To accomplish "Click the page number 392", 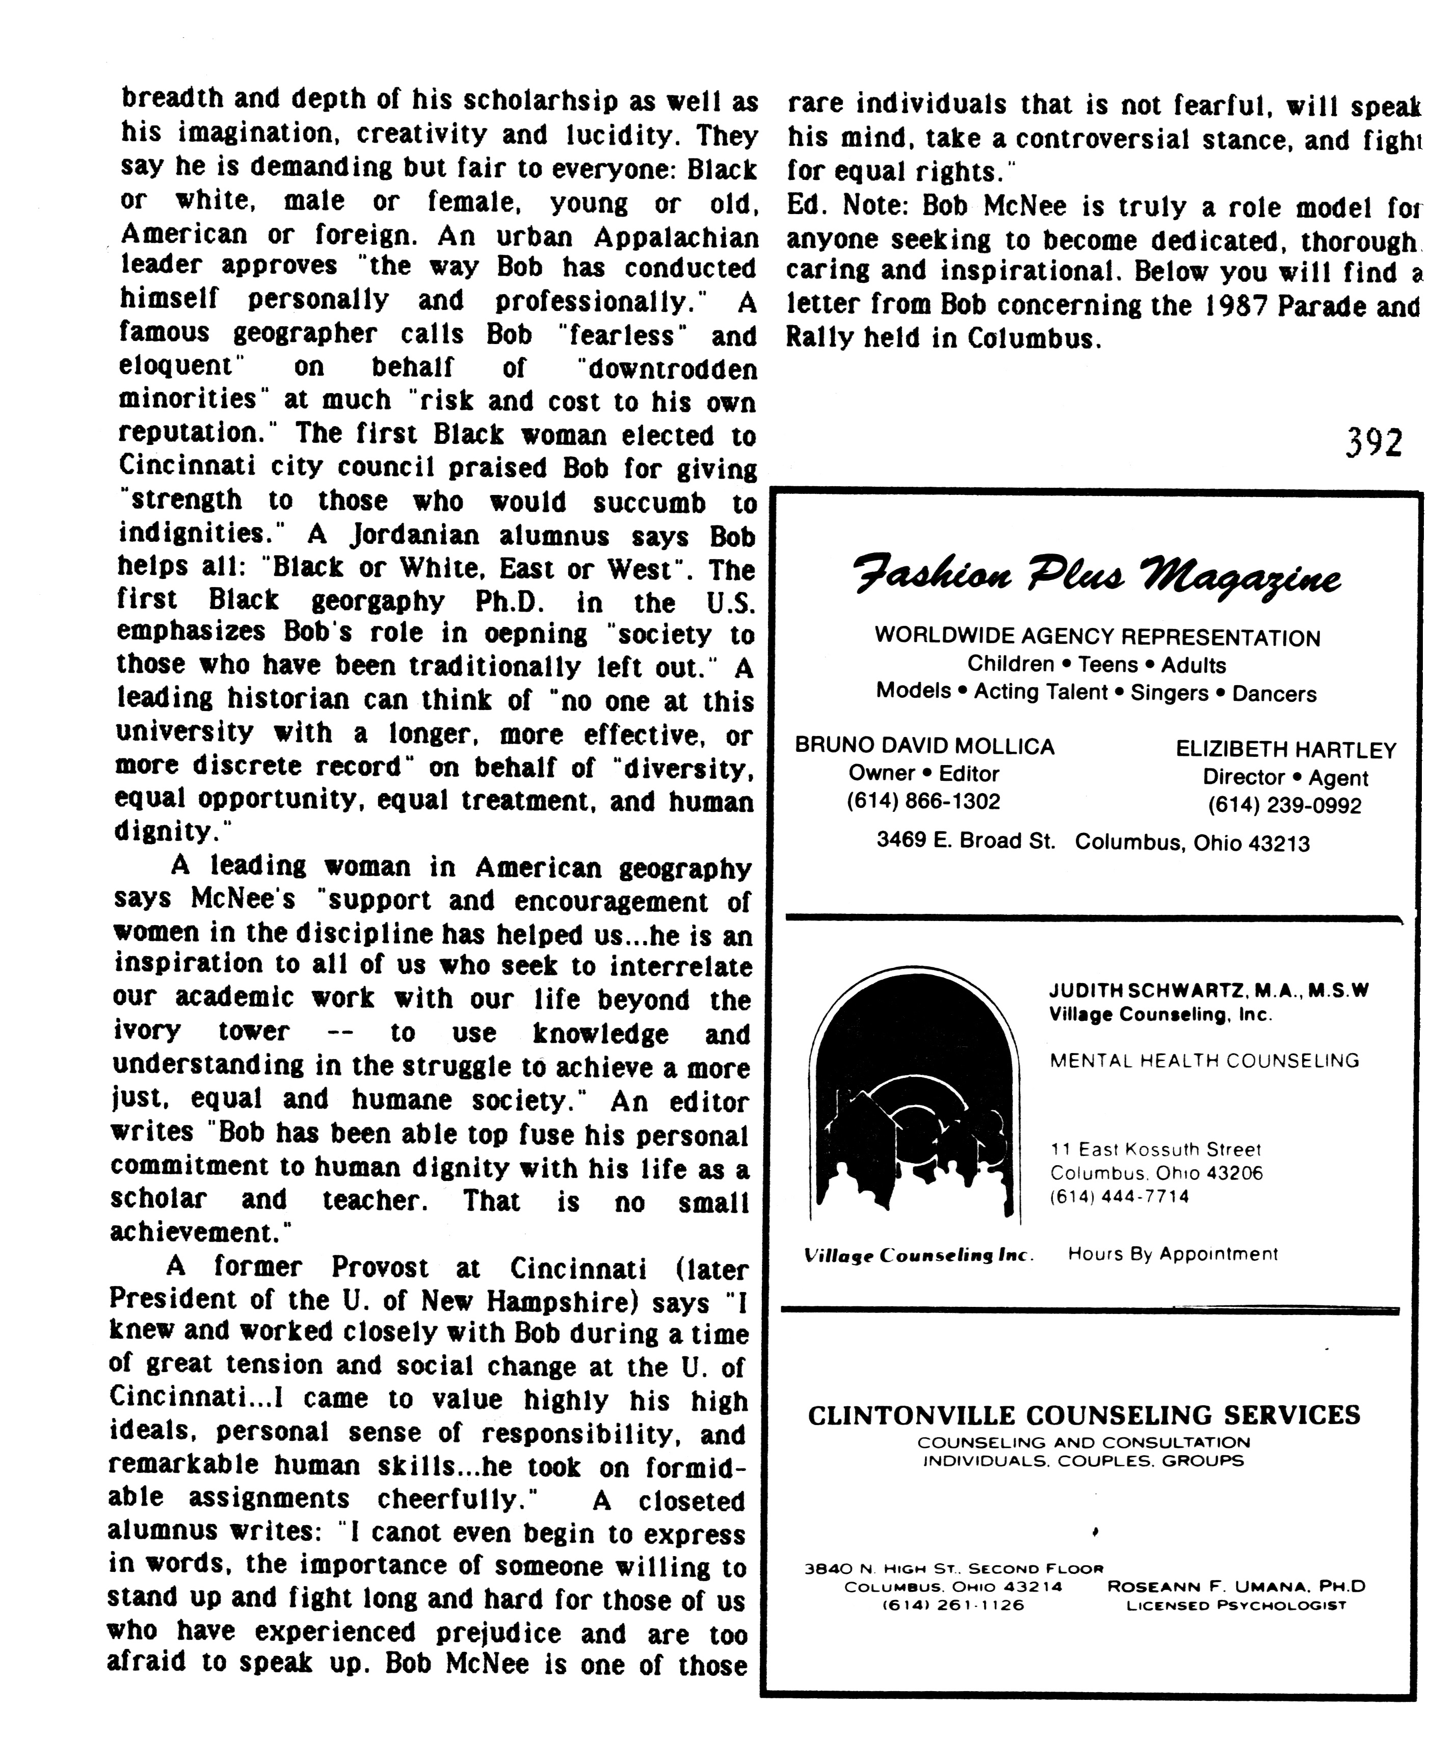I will tap(1373, 442).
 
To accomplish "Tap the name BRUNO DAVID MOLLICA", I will tap(924, 746).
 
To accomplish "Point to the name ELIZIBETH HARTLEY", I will tap(1286, 750).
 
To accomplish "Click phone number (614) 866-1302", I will tap(923, 801).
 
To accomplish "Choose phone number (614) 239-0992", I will tap(1284, 805).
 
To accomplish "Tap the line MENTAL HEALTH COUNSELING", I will tap(1204, 1061).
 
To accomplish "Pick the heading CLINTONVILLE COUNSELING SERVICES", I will tap(1083, 1415).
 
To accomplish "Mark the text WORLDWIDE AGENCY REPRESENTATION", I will tap(1097, 638).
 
